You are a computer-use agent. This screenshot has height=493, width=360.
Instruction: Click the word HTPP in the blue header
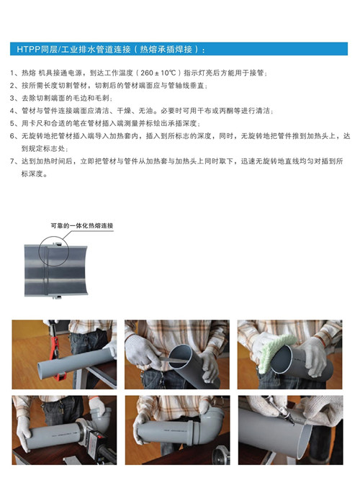click(28, 50)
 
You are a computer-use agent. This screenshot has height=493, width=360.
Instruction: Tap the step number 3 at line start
click(12, 98)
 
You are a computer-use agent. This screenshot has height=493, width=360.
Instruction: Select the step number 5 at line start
click(12, 123)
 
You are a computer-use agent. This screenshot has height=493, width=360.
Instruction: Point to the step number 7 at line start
click(12, 161)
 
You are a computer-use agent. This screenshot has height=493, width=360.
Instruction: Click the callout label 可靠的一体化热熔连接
click(82, 225)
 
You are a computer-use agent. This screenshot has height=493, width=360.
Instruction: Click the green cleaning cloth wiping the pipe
click(275, 348)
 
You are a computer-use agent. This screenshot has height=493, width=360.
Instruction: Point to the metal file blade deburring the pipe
click(174, 360)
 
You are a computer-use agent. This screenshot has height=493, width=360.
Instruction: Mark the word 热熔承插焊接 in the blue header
click(166, 50)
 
